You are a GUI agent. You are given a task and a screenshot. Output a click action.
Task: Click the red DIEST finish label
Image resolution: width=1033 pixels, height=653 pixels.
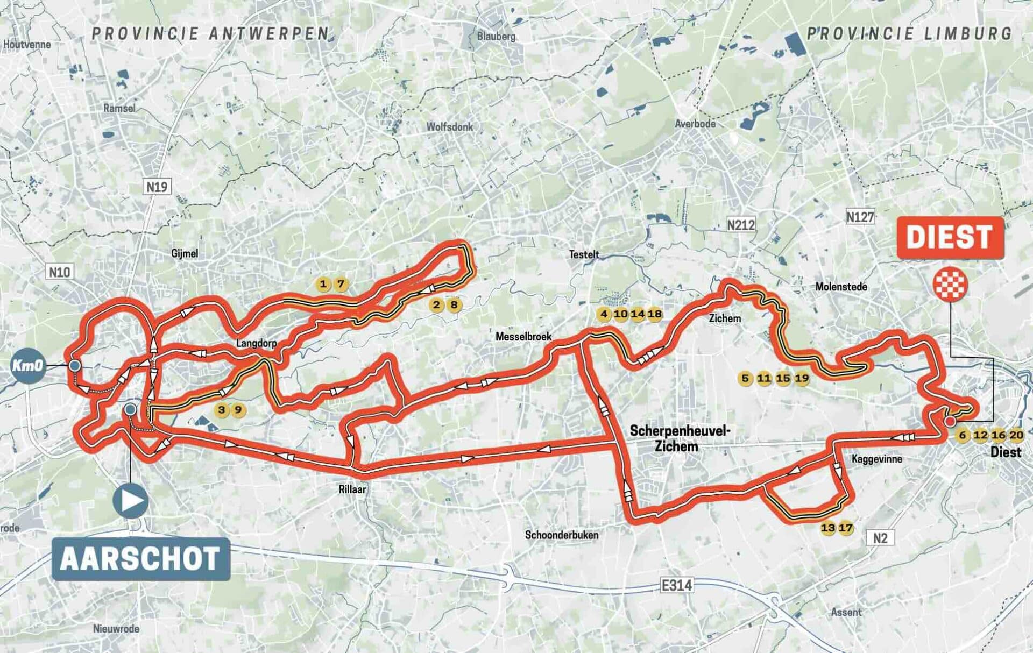click(x=950, y=238)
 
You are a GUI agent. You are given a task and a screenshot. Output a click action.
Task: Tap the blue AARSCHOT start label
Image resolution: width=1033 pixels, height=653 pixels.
click(x=141, y=559)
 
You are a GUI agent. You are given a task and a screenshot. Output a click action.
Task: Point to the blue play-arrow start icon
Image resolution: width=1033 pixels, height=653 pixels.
click(x=130, y=501)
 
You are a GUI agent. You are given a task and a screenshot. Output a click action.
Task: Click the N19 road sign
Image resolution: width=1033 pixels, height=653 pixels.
click(x=157, y=187)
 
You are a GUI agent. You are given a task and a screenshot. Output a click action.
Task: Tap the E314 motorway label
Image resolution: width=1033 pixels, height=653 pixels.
click(x=676, y=585)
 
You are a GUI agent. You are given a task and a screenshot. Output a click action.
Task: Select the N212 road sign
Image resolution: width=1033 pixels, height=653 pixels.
click(x=741, y=225)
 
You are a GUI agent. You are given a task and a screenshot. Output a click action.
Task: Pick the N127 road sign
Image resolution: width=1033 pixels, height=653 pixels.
click(x=860, y=217)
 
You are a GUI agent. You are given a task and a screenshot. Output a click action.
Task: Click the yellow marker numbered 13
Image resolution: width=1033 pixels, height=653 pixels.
click(x=827, y=528)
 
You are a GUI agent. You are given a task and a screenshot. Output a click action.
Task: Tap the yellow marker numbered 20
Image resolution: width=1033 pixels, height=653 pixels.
click(x=1016, y=436)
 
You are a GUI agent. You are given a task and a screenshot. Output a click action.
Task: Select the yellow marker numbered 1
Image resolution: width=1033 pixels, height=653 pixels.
click(x=323, y=284)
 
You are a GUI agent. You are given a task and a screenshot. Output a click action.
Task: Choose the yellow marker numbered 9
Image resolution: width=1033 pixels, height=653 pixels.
click(x=238, y=410)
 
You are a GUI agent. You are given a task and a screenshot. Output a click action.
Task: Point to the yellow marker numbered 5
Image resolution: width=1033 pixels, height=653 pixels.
click(x=745, y=378)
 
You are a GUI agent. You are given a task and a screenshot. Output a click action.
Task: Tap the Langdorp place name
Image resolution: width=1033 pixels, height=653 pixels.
click(x=256, y=343)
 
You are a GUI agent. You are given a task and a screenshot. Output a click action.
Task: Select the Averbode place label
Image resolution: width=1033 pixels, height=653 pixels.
click(x=695, y=124)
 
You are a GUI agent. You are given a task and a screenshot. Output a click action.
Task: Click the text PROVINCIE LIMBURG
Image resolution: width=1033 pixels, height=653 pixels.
click(x=909, y=33)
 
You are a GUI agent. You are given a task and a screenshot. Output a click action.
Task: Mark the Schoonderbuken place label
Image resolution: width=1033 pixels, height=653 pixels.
click(x=561, y=535)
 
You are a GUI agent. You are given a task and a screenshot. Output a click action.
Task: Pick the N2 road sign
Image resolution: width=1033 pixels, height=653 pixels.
click(x=880, y=538)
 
